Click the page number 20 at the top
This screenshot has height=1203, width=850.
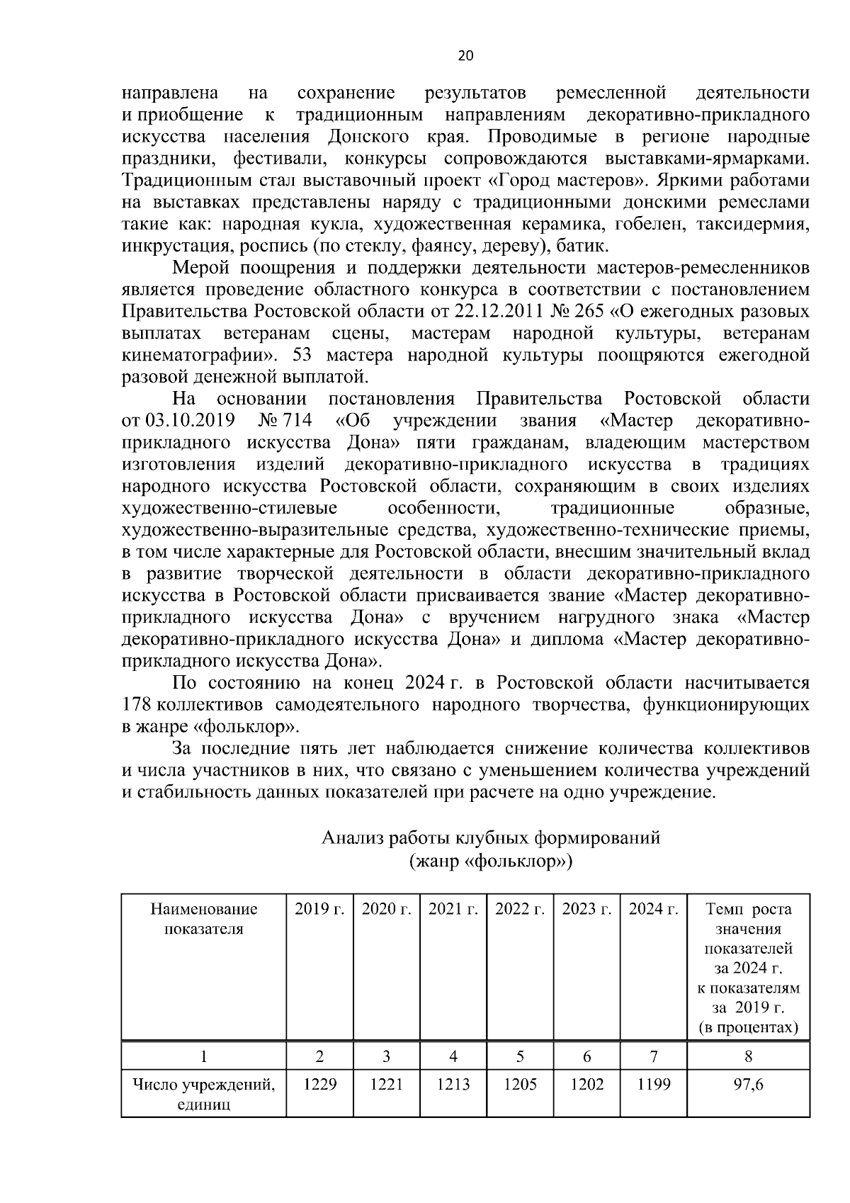pyautogui.click(x=465, y=56)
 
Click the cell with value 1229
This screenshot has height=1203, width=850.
pyautogui.click(x=319, y=1083)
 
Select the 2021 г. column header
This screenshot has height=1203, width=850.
pyautogui.click(x=453, y=909)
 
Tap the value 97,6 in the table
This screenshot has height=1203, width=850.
pyautogui.click(x=748, y=1083)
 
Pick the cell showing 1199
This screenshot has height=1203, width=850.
pyautogui.click(x=653, y=1083)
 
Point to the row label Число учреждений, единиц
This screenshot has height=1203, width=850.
pyautogui.click(x=204, y=1093)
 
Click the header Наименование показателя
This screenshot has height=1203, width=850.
pyautogui.click(x=204, y=919)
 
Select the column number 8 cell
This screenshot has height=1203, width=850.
pyautogui.click(x=748, y=1056)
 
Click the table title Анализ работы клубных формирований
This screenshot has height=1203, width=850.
pyautogui.click(x=491, y=838)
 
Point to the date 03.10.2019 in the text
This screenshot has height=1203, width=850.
pyautogui.click(x=190, y=421)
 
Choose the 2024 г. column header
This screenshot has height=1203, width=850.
pyautogui.click(x=653, y=909)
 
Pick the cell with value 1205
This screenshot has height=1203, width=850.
pyautogui.click(x=520, y=1083)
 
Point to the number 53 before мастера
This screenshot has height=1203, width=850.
pyautogui.click(x=312, y=355)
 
